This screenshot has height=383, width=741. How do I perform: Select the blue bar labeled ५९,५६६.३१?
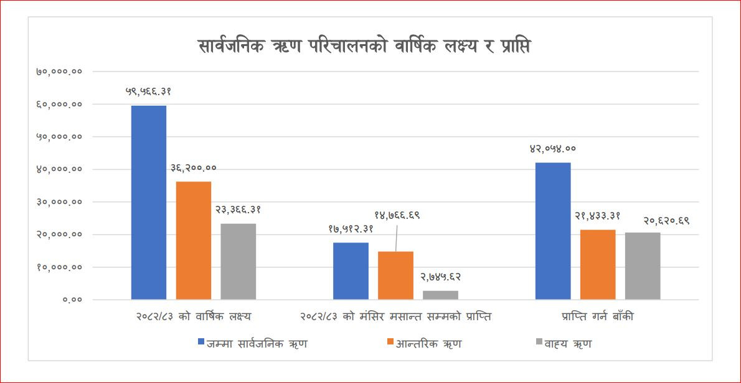click(149, 202)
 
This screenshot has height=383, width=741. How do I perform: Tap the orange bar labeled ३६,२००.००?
click(194, 240)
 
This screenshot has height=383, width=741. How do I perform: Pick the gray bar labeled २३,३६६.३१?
click(238, 261)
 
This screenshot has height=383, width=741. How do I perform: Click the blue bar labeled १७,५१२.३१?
click(351, 270)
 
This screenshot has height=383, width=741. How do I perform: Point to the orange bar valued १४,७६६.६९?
click(395, 275)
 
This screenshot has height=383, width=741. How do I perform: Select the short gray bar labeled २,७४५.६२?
click(440, 295)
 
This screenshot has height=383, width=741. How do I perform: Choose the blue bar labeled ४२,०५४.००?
click(553, 231)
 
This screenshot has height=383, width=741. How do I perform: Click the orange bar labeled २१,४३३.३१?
click(598, 264)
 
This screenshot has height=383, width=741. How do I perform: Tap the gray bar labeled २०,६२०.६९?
click(643, 265)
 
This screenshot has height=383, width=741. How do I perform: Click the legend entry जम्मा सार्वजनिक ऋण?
click(252, 343)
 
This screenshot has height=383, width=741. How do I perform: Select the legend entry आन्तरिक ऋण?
click(423, 343)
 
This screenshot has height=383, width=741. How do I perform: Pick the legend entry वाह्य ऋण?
click(563, 343)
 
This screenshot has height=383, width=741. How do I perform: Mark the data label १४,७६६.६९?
click(397, 215)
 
